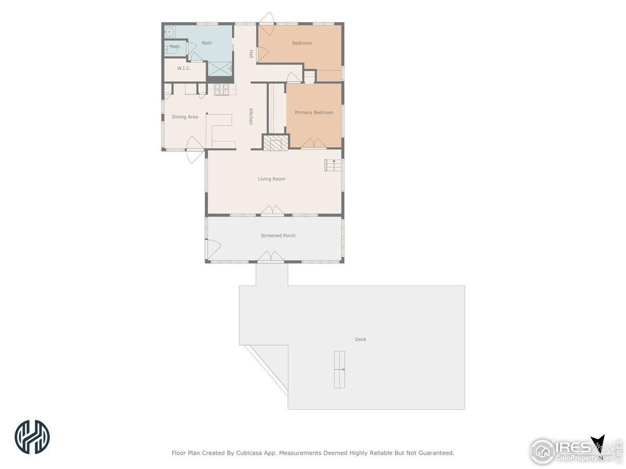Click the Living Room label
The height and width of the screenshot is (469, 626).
[x=271, y=179]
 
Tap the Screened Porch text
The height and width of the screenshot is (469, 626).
[x=278, y=235]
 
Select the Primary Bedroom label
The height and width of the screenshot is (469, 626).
[x=313, y=112]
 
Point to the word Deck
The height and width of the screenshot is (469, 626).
[x=360, y=339]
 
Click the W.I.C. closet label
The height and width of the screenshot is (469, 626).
[x=184, y=68]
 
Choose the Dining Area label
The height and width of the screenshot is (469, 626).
[x=185, y=117]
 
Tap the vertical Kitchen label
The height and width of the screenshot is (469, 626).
[x=250, y=116]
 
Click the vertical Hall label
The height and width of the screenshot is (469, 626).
[x=251, y=54]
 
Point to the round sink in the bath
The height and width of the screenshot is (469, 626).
[x=169, y=31]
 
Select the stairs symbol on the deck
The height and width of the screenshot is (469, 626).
[x=339, y=369]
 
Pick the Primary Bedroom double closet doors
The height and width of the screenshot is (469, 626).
[x=313, y=143]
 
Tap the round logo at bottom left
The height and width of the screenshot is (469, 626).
[x=32, y=436]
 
